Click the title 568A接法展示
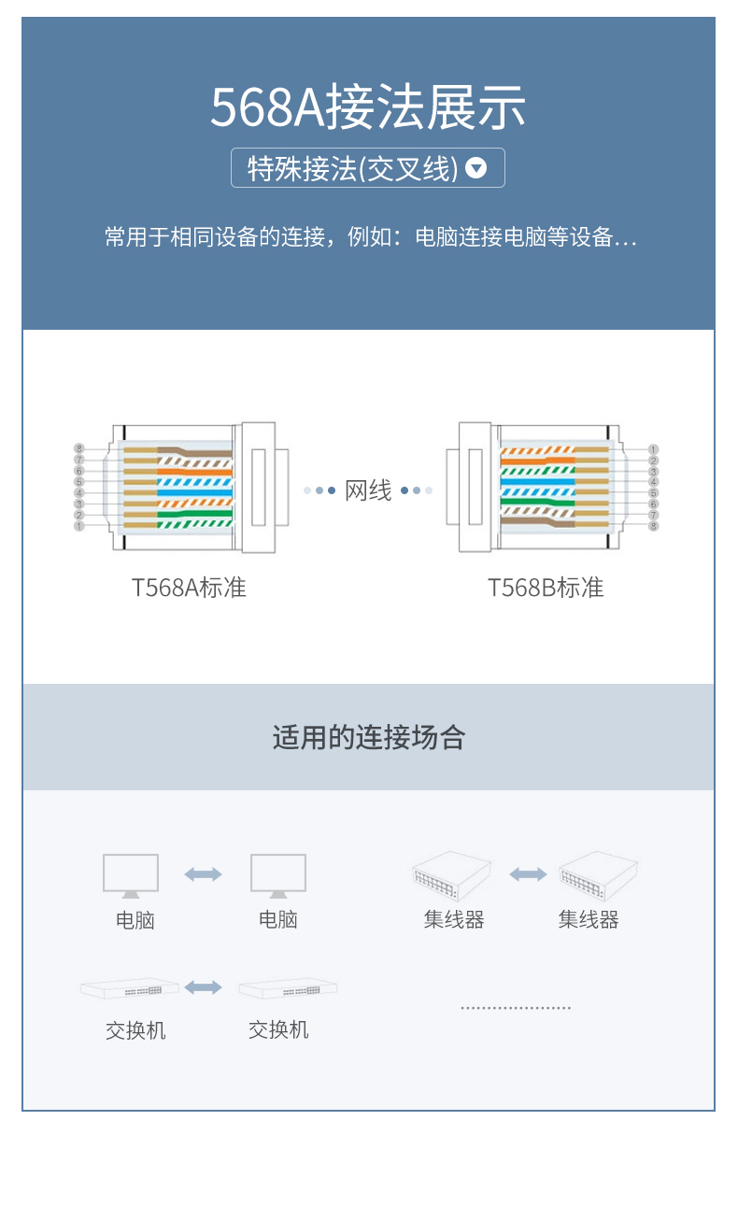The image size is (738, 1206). [x=368, y=107]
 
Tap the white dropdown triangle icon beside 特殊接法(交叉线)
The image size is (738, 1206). [x=475, y=168]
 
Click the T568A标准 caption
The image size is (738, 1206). [x=189, y=588]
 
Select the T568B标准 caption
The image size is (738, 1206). [x=546, y=588]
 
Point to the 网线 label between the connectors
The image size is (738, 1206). [x=368, y=490]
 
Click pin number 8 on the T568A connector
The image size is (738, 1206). [x=79, y=448]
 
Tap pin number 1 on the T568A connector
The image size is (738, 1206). [x=79, y=526]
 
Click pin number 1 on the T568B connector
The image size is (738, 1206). [x=654, y=449]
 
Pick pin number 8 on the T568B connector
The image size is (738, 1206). [x=654, y=526]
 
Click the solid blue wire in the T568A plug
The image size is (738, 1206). [x=194, y=492]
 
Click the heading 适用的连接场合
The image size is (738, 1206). [x=369, y=737]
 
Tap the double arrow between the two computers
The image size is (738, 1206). [x=203, y=873]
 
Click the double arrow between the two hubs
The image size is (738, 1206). [x=528, y=873]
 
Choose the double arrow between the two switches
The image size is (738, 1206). [x=203, y=986]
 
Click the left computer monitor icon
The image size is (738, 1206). [x=131, y=876]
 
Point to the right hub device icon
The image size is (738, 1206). [x=598, y=875]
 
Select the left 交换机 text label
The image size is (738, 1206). [x=135, y=1030]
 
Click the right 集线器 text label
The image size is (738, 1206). [x=589, y=919]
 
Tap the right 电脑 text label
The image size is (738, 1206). [x=278, y=919]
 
